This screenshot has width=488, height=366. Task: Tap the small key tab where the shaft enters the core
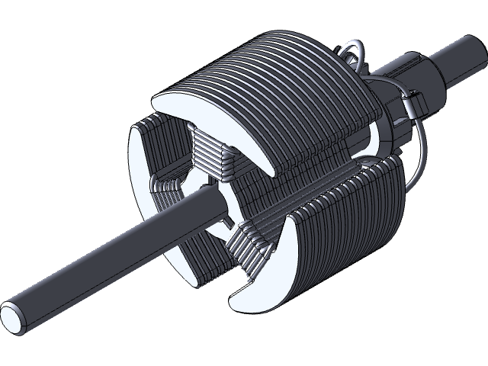coord(226,220)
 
